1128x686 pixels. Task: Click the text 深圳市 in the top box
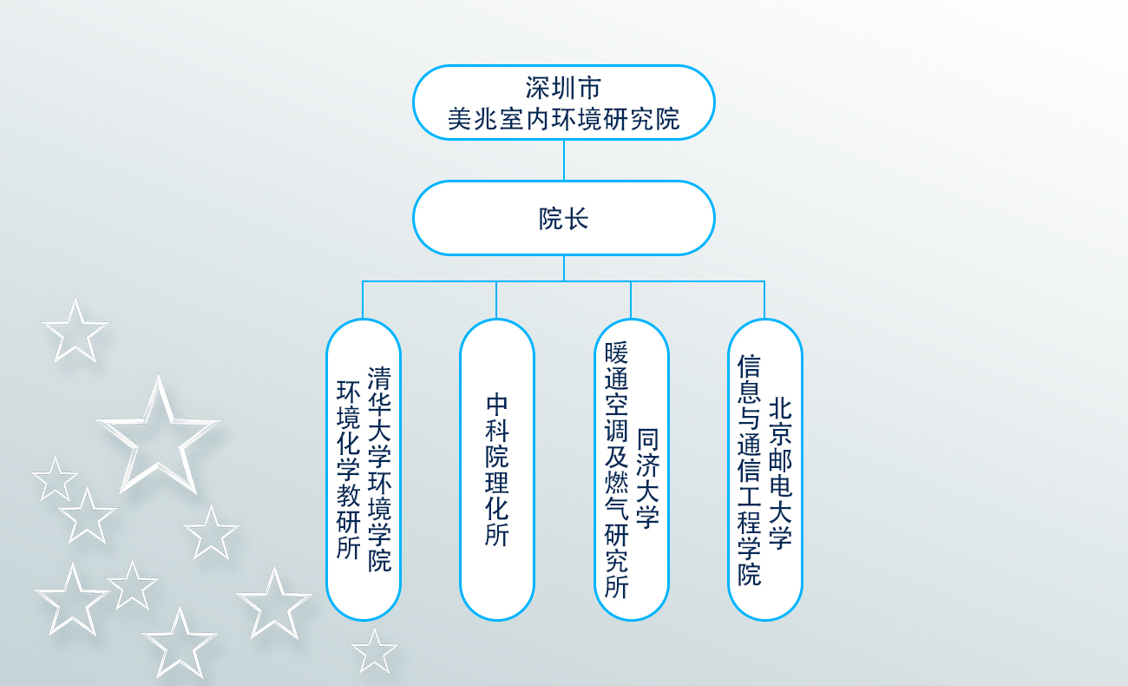tap(563, 88)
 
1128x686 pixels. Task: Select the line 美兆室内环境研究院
tap(563, 120)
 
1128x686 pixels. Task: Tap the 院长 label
tap(563, 219)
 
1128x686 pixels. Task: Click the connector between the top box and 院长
tap(564, 161)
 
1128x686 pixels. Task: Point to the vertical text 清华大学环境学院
tap(379, 469)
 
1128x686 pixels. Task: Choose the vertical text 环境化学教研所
tap(349, 470)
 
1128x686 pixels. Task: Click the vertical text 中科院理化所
tap(497, 470)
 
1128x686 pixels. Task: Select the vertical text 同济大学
tap(647, 478)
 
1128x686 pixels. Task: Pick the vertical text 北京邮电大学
tap(781, 474)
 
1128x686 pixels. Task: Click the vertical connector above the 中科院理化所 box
tap(496, 300)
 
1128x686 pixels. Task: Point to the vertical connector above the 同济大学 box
tap(631, 300)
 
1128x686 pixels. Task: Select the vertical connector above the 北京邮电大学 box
tap(764, 300)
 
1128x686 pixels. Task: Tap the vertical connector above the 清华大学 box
tap(363, 300)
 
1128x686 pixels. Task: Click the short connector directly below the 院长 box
tap(564, 268)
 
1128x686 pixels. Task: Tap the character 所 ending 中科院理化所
tap(497, 535)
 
